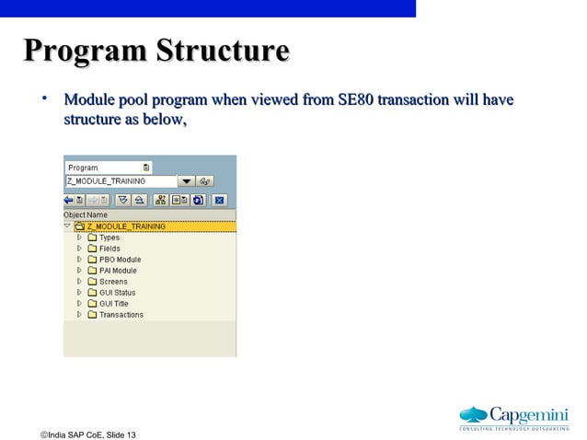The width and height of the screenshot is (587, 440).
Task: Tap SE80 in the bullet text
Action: pyautogui.click(x=356, y=99)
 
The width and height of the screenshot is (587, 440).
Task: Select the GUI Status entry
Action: pyautogui.click(x=117, y=293)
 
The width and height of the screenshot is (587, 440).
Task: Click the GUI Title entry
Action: pyautogui.click(x=113, y=304)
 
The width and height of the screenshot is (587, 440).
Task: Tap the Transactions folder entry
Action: pyautogui.click(x=121, y=315)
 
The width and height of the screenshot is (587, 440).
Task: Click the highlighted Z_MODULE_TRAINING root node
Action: pyautogui.click(x=126, y=226)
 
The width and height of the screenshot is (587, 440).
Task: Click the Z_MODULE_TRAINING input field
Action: pyautogui.click(x=118, y=181)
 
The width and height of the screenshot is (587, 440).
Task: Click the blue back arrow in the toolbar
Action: pyautogui.click(x=69, y=199)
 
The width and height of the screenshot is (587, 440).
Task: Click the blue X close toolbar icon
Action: pyautogui.click(x=219, y=199)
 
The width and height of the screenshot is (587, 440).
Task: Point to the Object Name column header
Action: pyautogui.click(x=86, y=215)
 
